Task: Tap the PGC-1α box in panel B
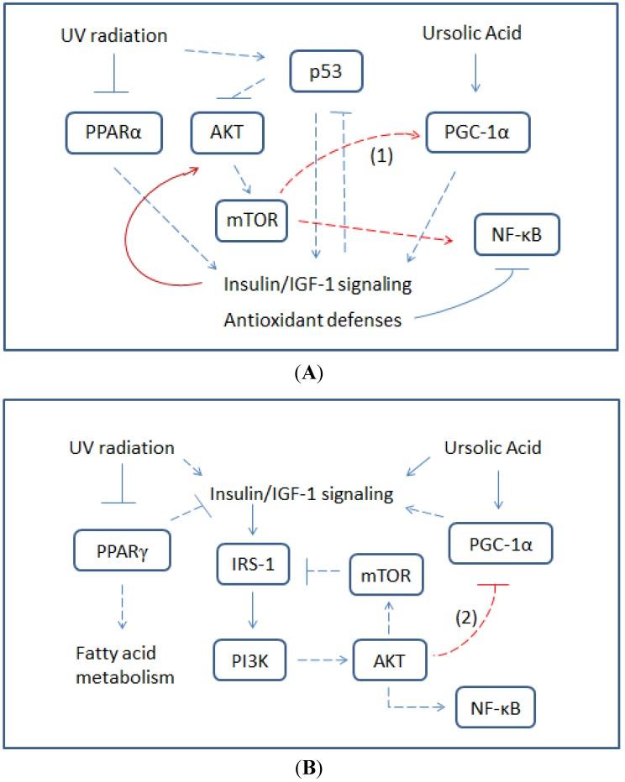point(496,545)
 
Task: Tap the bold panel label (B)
point(312,763)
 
